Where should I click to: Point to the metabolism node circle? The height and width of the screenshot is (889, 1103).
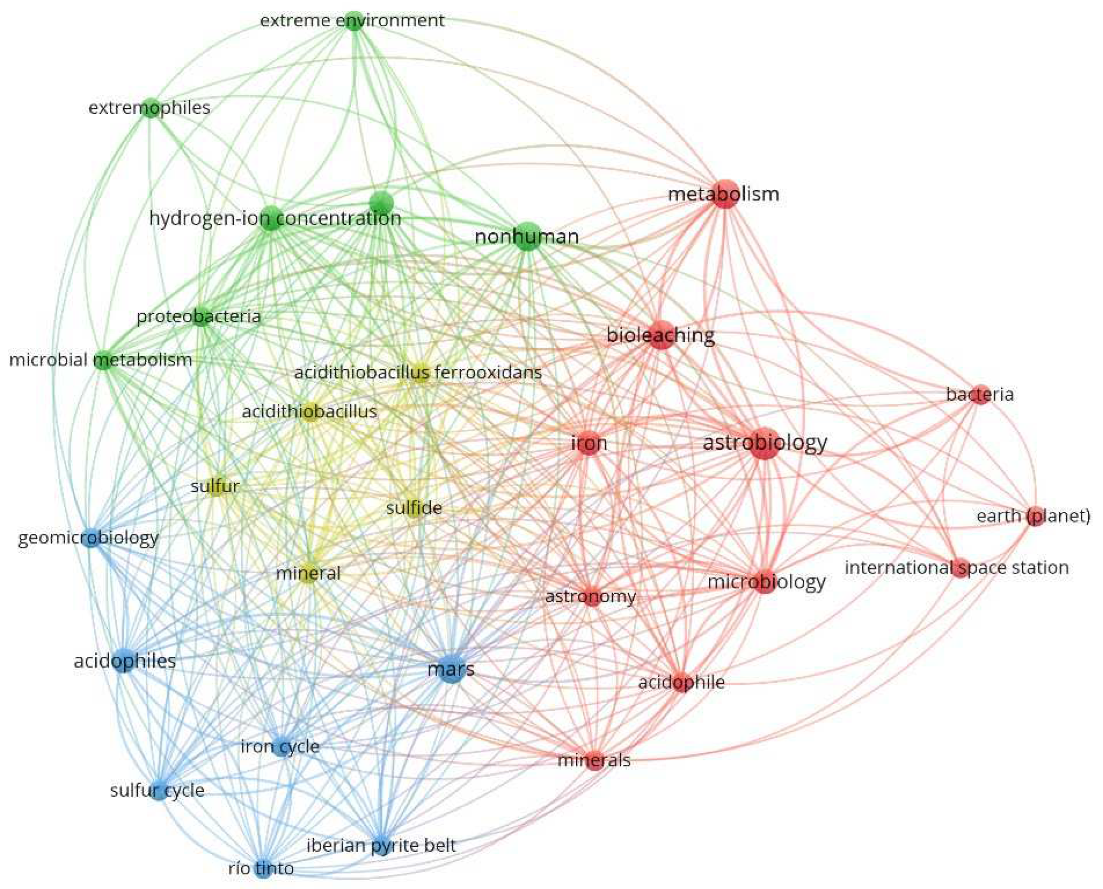point(724,194)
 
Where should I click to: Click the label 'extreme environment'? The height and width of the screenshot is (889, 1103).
point(352,20)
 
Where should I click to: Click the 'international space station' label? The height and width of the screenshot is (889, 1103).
point(956,567)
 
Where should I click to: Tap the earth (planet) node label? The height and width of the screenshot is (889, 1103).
point(1033,516)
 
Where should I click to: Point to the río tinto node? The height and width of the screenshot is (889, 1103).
point(263,868)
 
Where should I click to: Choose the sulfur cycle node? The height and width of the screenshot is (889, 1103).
point(159,790)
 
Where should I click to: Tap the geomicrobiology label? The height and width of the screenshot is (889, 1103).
point(88,538)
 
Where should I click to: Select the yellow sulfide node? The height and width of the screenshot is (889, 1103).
point(414,508)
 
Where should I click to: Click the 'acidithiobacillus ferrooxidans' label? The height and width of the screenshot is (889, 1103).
point(418,372)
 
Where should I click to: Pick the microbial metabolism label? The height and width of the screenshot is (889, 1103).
point(100,360)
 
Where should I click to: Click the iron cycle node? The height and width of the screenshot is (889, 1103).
point(281,747)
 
